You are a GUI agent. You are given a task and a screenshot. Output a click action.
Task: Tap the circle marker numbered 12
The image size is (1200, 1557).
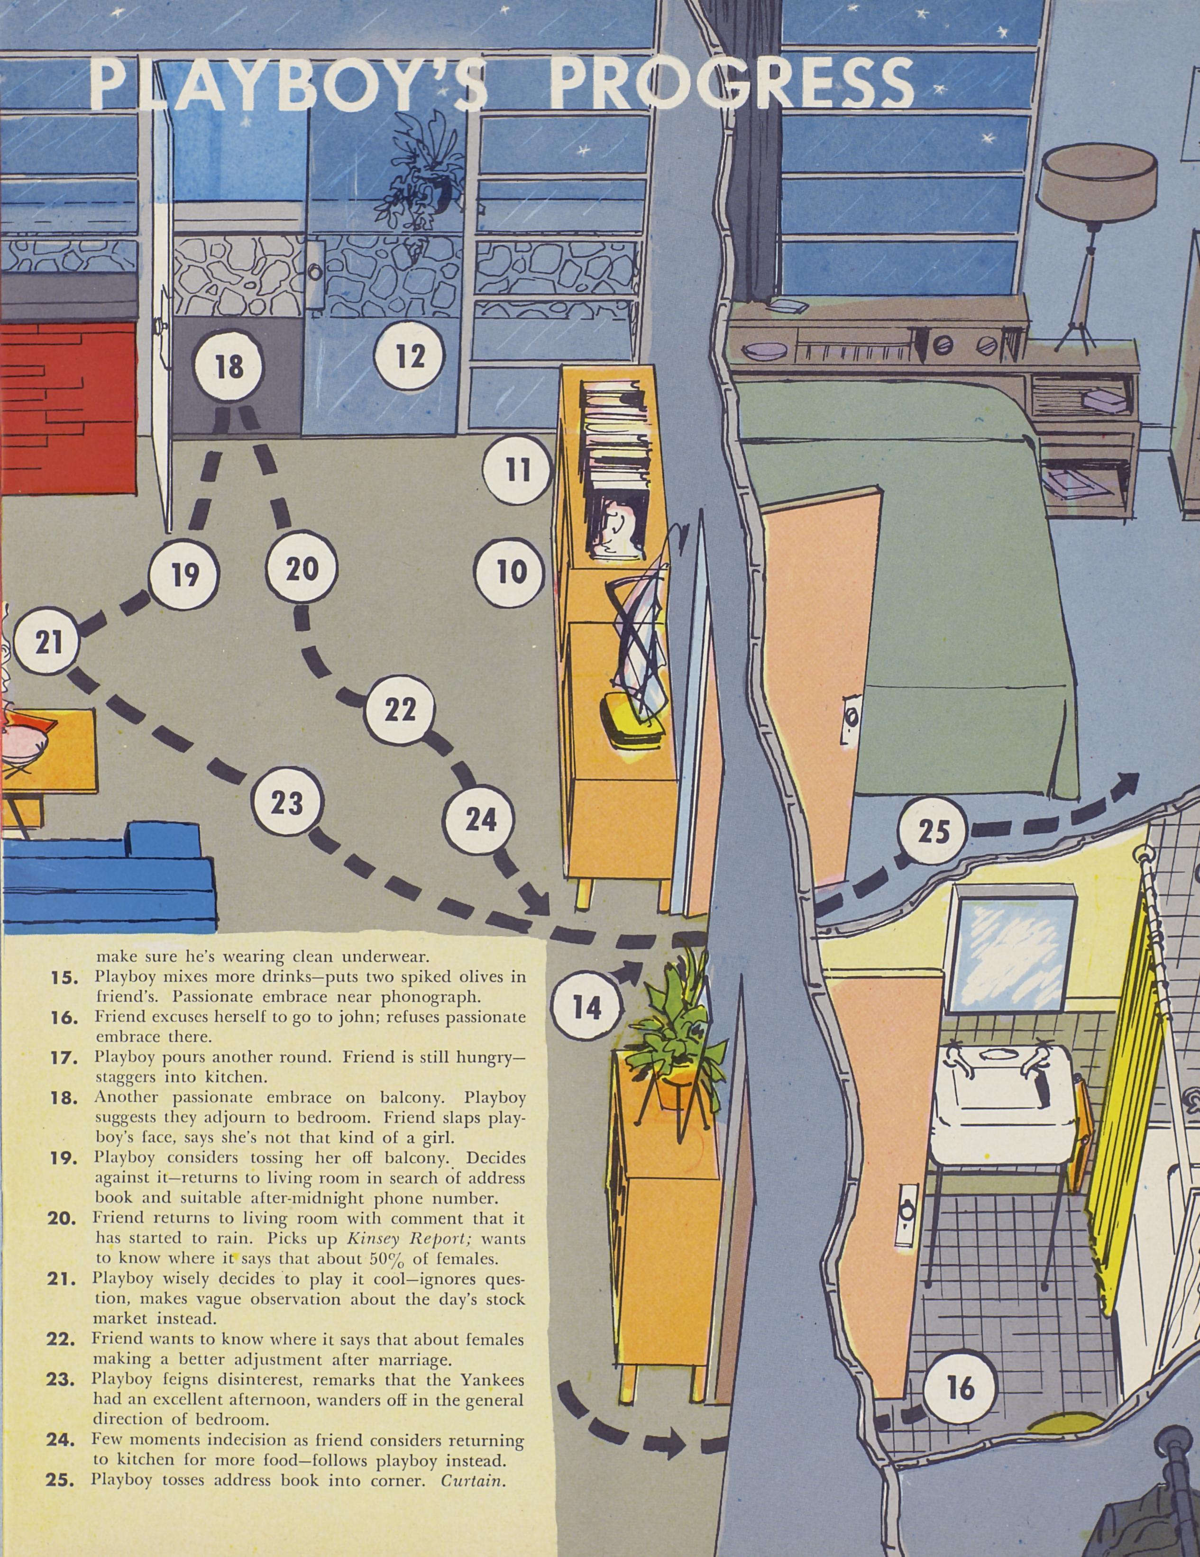pos(410,356)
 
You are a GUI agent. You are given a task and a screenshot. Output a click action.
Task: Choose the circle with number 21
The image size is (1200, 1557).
pos(48,643)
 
